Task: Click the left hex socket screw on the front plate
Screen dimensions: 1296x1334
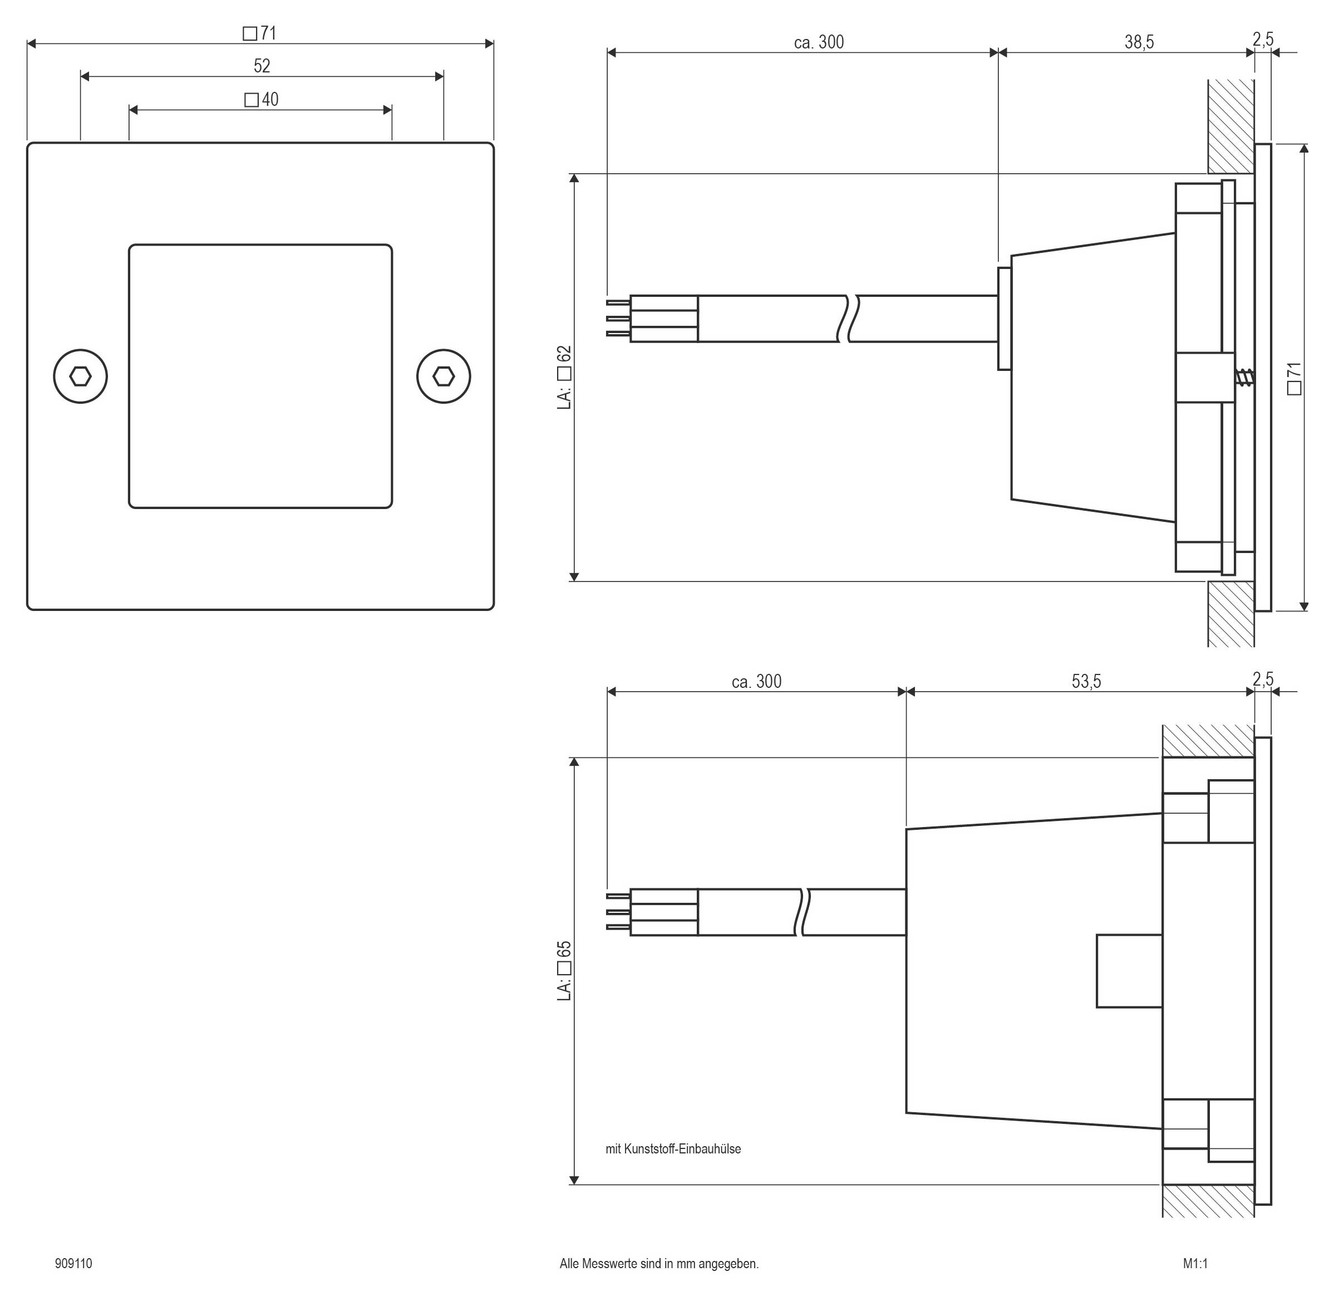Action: click(x=80, y=376)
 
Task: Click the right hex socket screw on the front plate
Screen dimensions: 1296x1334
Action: click(x=444, y=376)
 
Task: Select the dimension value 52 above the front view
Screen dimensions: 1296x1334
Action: click(x=262, y=66)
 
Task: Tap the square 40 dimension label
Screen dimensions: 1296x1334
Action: click(x=262, y=100)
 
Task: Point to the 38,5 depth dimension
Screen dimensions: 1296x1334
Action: click(x=1139, y=42)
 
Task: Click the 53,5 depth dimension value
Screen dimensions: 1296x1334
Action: click(x=1086, y=681)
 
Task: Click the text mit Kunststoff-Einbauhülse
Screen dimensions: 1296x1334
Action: click(x=673, y=1149)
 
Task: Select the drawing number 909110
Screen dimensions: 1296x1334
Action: click(x=73, y=1263)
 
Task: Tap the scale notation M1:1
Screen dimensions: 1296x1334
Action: click(x=1195, y=1263)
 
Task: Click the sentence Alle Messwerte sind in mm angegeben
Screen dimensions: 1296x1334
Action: click(x=659, y=1263)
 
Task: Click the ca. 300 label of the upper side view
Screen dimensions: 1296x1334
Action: click(x=819, y=42)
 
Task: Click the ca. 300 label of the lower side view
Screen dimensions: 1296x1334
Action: click(x=756, y=681)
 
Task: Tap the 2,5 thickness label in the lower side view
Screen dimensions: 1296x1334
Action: click(x=1263, y=679)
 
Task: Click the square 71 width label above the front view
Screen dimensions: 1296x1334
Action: click(x=260, y=33)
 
